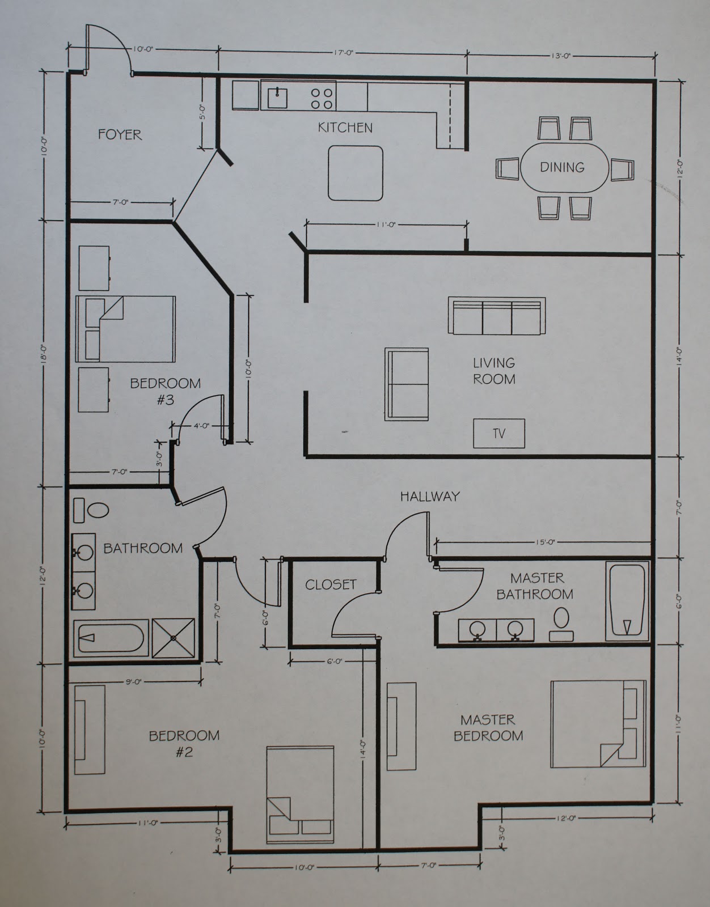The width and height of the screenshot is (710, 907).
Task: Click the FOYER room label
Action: point(120,134)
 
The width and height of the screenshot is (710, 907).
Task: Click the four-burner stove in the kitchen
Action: point(322,97)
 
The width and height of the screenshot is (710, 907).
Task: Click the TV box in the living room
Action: point(499,434)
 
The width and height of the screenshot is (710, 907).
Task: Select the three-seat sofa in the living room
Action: point(497,316)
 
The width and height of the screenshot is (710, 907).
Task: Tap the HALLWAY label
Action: point(430,497)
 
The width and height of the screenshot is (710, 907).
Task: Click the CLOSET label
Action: point(331,584)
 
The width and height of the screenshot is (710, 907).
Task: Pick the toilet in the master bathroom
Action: point(562,620)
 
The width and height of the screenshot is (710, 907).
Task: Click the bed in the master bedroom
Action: point(598,724)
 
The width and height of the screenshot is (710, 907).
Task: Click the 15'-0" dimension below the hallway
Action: point(543,542)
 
